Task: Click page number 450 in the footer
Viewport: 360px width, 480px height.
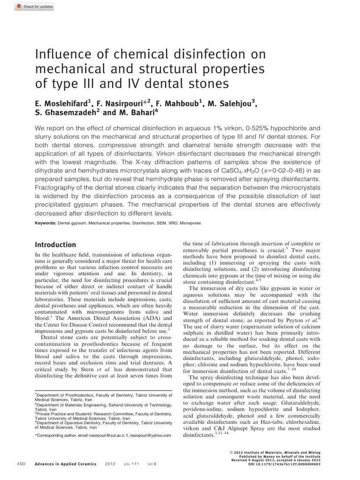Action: click(x=21, y=464)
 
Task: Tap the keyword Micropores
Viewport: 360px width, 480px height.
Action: click(x=189, y=223)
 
